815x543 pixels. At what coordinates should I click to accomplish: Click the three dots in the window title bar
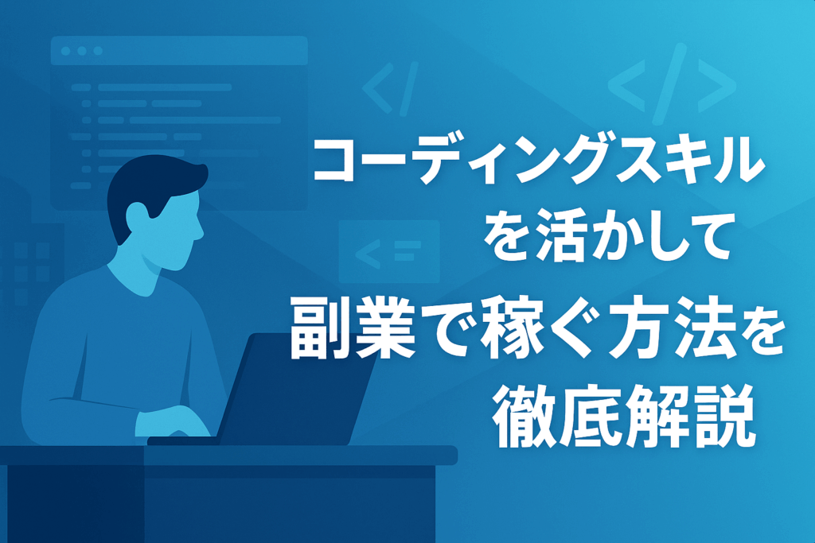coord(82,51)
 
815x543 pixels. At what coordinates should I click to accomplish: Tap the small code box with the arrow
coord(388,252)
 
